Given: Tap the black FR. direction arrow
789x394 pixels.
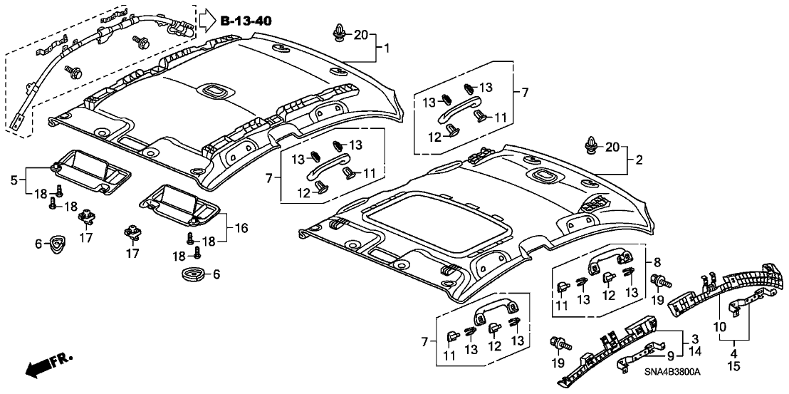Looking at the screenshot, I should (39, 366).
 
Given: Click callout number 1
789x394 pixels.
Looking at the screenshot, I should (386, 49).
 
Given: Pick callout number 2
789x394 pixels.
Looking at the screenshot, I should (639, 160).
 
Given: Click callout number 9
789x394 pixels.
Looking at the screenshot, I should (669, 354).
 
